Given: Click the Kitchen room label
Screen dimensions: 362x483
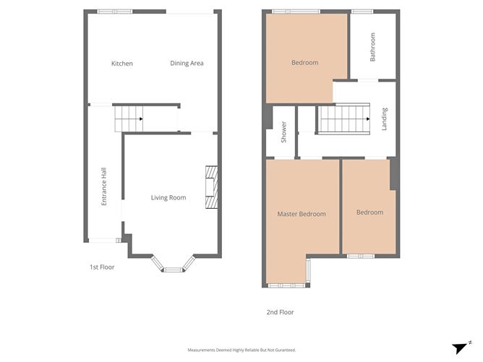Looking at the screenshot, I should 121,64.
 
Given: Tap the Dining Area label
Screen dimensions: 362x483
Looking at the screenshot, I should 187,64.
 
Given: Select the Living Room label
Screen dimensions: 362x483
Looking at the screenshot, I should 168,198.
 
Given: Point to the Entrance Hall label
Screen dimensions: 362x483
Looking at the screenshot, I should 104,187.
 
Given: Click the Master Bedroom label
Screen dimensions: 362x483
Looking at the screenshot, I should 302,214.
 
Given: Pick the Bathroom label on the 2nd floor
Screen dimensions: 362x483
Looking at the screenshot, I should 373,46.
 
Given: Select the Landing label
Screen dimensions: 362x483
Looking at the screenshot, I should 385,118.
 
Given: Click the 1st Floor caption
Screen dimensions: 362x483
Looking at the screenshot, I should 102,267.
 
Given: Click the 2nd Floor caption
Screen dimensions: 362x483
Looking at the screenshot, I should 280,312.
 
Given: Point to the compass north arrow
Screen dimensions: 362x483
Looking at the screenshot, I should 460,347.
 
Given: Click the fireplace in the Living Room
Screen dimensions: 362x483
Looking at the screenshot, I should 211,186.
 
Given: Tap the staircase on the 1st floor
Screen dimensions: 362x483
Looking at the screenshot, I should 129,118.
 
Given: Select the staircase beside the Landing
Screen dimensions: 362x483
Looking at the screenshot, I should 344,119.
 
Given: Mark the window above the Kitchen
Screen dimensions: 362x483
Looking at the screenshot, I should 115,12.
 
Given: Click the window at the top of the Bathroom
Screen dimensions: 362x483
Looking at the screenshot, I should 362,12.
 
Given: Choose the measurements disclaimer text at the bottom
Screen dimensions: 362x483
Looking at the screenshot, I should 241,350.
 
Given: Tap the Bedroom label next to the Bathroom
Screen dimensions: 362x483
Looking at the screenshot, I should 304,63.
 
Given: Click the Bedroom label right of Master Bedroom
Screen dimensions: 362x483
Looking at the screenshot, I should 369,212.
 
